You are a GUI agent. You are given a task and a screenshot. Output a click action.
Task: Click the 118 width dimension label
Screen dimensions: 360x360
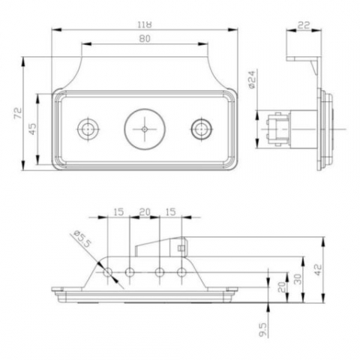click(145, 25)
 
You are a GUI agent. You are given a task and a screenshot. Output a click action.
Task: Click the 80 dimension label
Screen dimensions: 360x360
click(145, 39)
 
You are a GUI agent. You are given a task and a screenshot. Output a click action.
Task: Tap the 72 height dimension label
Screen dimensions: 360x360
click(18, 113)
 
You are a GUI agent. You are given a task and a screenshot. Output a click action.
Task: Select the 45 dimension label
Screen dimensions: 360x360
click(32, 129)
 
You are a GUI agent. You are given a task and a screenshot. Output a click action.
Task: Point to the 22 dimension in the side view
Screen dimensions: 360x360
click(304, 25)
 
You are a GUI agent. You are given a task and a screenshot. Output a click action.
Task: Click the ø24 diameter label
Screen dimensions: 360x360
click(252, 79)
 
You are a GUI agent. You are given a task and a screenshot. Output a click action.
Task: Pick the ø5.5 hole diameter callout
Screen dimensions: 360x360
click(82, 239)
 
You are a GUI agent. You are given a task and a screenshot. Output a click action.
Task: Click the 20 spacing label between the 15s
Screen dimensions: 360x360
click(145, 212)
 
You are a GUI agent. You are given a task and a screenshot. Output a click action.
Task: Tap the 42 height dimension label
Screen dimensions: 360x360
click(317, 269)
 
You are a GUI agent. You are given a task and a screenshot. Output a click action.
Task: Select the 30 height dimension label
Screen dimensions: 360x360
click(298, 278)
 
